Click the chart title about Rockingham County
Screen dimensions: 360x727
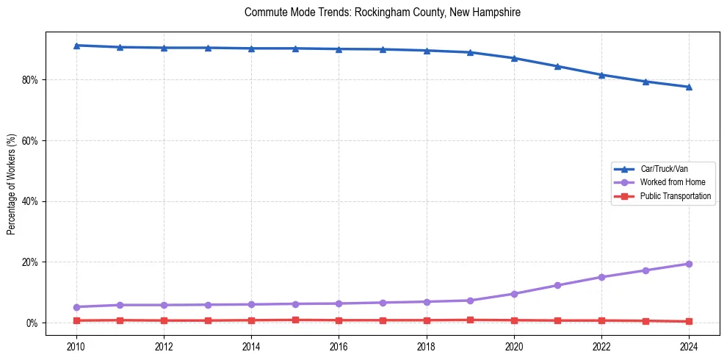pos(382,12)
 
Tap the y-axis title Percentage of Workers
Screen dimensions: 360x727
pos(11,184)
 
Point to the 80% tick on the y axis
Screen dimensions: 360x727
pos(32,79)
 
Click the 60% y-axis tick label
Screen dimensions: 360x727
pos(32,140)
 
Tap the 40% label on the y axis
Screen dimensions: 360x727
pos(32,201)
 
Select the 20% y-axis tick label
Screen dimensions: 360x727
pos(32,262)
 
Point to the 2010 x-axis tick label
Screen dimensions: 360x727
pos(76,345)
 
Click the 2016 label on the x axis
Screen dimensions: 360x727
pos(339,345)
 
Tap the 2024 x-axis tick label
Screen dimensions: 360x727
pos(689,345)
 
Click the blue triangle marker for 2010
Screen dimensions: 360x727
pos(76,46)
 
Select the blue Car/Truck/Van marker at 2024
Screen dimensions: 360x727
pos(689,87)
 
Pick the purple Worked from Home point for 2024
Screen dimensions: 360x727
pos(689,264)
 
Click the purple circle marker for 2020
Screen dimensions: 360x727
pos(514,294)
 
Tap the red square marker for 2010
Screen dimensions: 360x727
pos(76,320)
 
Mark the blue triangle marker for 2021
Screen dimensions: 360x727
pos(557,66)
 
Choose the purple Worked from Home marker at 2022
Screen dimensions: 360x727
pos(601,277)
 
